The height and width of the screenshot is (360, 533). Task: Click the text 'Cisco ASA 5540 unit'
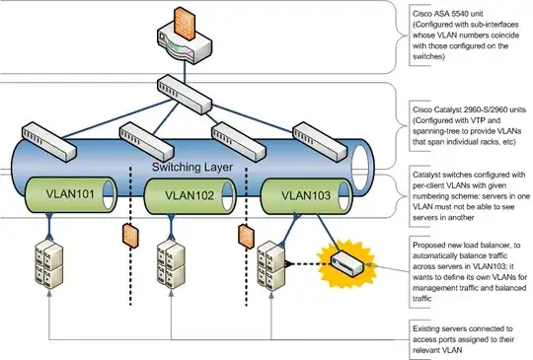click(441, 12)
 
